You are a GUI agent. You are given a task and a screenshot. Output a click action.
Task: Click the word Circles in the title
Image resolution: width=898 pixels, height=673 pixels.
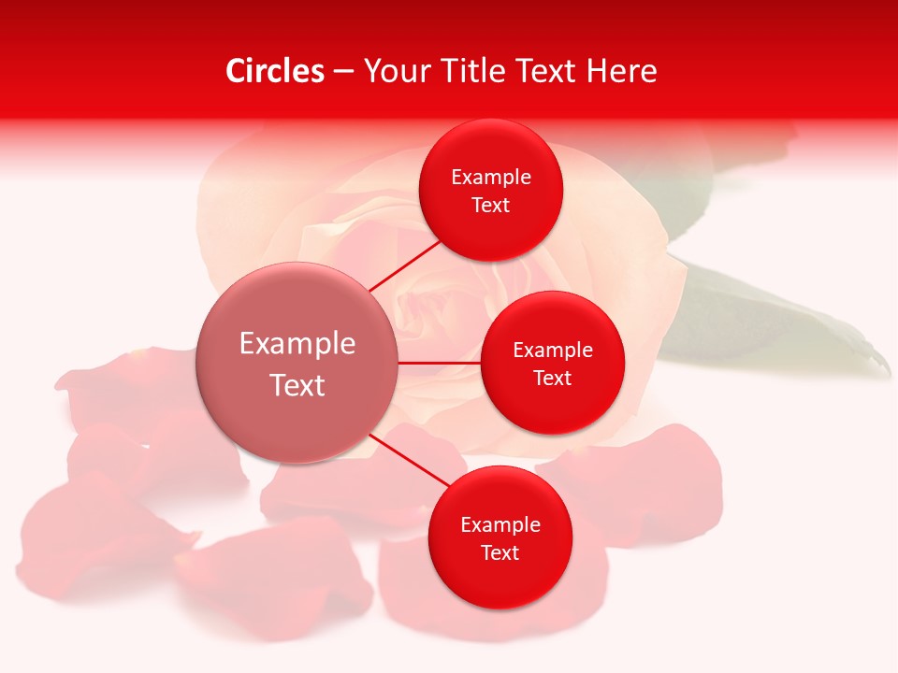(274, 71)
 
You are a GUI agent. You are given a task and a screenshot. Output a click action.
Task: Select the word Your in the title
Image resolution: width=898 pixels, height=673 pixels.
(396, 71)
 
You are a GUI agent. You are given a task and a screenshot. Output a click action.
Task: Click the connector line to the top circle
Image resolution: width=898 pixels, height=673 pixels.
(404, 265)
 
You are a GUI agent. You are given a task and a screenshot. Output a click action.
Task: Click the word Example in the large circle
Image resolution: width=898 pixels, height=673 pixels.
(297, 343)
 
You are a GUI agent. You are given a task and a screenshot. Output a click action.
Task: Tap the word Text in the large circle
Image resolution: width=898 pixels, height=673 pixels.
(297, 385)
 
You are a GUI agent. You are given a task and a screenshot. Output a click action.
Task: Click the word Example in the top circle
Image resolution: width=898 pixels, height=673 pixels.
(490, 177)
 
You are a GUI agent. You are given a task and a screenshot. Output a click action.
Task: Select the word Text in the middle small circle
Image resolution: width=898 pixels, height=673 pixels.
(552, 378)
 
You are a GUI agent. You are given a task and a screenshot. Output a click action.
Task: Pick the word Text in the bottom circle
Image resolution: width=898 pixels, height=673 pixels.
(500, 552)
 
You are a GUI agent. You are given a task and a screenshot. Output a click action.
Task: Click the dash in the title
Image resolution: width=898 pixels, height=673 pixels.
(343, 72)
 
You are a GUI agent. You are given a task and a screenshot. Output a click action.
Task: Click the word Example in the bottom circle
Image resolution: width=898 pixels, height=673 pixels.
(500, 524)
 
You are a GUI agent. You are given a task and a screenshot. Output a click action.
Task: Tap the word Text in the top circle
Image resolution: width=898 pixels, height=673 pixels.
(490, 205)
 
